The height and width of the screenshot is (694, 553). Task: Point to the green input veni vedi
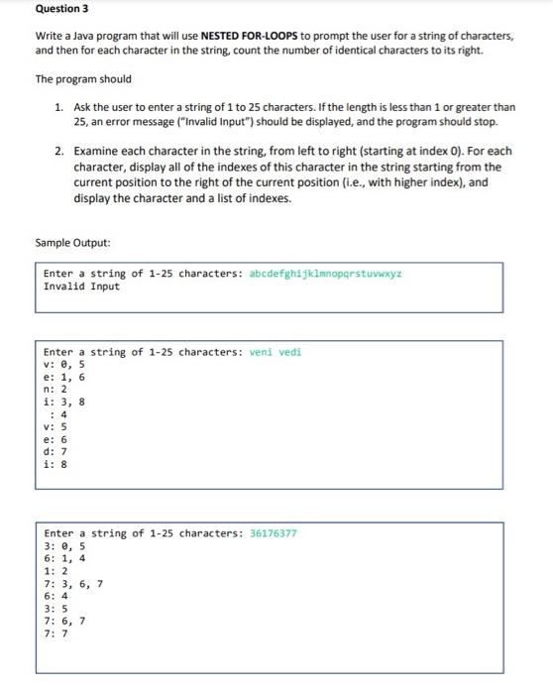(276, 352)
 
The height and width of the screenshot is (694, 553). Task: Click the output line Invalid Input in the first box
(82, 287)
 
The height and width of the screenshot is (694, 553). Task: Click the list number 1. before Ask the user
(59, 107)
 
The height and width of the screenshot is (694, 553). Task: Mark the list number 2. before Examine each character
(59, 152)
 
